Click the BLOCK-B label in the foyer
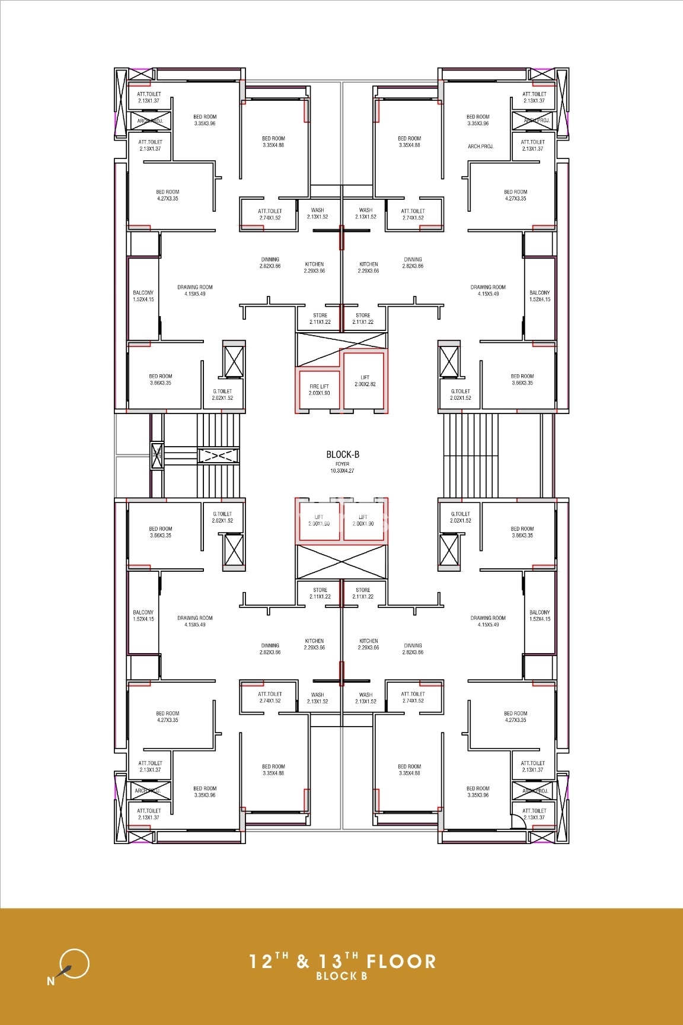(342, 454)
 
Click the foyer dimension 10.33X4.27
(342, 471)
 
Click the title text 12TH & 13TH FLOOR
(342, 961)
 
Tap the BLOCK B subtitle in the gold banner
(341, 976)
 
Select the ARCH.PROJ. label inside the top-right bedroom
(480, 146)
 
